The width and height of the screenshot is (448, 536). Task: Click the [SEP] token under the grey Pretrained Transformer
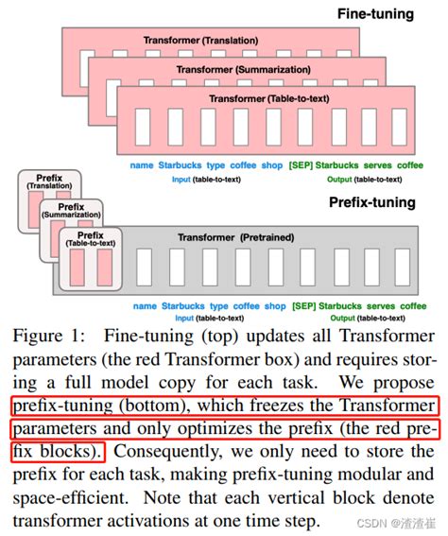coord(305,306)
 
